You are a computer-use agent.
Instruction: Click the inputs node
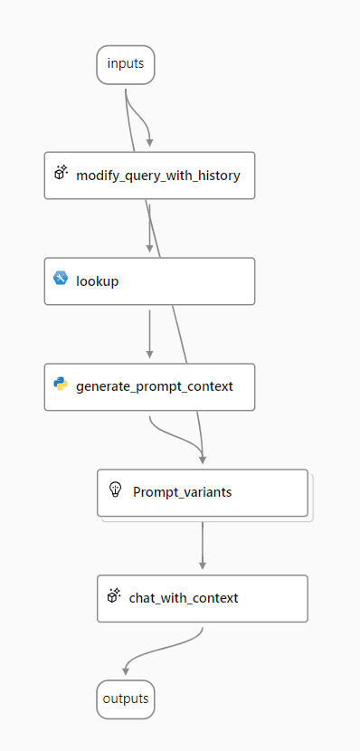[x=125, y=63]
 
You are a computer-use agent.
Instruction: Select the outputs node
[x=125, y=699]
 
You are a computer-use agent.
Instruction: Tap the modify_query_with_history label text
[x=158, y=176]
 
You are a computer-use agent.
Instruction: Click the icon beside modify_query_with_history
[x=62, y=174]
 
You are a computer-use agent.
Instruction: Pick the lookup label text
[x=98, y=281]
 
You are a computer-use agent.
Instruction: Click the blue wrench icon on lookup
[x=61, y=279]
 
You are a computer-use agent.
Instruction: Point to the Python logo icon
[x=61, y=385]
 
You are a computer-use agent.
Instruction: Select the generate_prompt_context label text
[x=155, y=386]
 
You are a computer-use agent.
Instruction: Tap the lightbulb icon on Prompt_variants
[x=115, y=490]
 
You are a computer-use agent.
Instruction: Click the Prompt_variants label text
[x=182, y=492]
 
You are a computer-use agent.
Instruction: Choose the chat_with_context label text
[x=184, y=598]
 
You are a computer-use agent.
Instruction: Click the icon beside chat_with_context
[x=114, y=596]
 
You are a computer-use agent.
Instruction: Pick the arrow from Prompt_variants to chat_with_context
[x=202, y=543]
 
